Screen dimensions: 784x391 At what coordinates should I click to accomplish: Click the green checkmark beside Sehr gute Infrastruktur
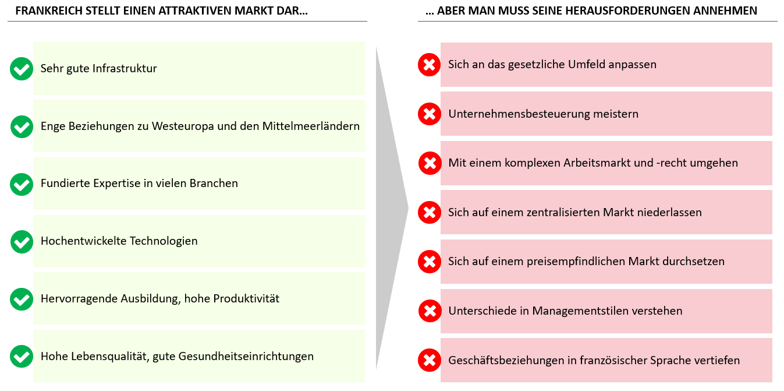point(22,69)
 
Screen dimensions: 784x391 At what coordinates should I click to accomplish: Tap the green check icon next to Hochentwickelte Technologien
point(22,242)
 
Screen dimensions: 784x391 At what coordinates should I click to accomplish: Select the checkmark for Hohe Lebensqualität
point(22,356)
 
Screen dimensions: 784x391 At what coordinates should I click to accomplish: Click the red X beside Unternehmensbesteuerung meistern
point(429,114)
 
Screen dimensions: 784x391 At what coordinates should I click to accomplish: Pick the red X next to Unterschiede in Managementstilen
point(430,311)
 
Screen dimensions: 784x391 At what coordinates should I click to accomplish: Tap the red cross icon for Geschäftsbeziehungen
point(429,360)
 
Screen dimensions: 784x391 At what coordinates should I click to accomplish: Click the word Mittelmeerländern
point(311,126)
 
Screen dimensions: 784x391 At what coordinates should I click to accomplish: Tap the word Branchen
point(214,183)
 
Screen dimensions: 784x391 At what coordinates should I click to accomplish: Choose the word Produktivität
point(246,298)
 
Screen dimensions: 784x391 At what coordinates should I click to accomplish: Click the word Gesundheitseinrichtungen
point(246,356)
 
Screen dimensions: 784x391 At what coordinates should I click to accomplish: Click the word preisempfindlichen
point(576,262)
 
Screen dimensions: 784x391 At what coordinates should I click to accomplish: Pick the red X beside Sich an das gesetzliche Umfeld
point(429,65)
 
